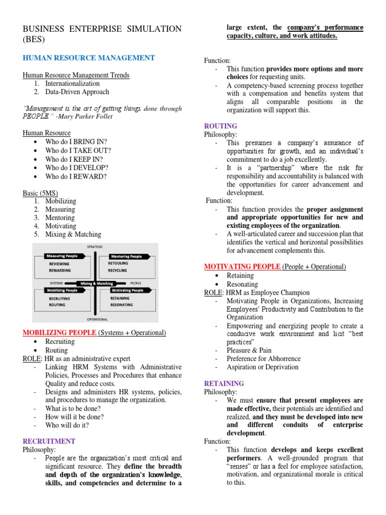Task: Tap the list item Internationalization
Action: point(72,83)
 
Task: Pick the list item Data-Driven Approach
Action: point(77,92)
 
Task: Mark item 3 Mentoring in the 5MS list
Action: point(60,217)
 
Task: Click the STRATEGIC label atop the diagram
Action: point(95,246)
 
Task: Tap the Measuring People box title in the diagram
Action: point(63,256)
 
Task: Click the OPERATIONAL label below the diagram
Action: point(95,319)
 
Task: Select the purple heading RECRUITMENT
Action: point(49,441)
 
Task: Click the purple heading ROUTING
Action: point(220,126)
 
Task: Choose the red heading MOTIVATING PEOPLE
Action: point(242,266)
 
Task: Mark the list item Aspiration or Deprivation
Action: point(262,367)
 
